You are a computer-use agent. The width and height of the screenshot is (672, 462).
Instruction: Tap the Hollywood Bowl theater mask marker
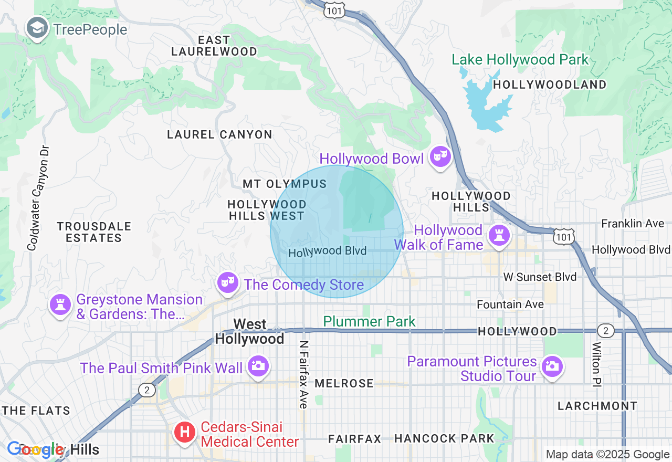point(440,156)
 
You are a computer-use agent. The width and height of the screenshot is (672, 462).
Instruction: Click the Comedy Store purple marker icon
point(227,283)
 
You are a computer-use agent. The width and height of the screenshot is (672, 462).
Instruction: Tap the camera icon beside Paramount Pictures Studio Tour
point(551,366)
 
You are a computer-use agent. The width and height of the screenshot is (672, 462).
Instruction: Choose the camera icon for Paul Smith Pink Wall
point(257,365)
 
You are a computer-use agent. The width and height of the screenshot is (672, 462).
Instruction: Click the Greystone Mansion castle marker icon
point(60,304)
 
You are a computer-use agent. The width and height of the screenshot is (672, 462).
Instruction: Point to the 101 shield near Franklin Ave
point(563,237)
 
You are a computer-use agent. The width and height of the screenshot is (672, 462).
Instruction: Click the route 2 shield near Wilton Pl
point(605,331)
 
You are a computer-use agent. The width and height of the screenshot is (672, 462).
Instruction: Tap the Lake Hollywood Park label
point(520,60)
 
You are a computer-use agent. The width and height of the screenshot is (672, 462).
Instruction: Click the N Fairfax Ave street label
point(303,374)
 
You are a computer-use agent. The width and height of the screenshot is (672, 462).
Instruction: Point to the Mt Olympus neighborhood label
point(285,184)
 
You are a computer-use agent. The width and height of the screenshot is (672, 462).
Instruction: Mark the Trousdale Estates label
point(93,232)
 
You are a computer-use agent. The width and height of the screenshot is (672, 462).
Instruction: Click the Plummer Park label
point(369,321)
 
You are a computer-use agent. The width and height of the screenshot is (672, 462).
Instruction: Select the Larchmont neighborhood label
point(597,406)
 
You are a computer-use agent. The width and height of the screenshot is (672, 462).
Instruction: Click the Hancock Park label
point(444,438)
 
